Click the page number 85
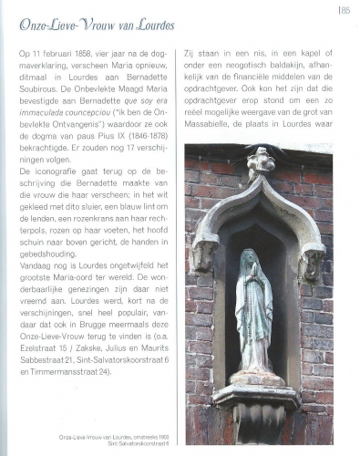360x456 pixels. point(345,10)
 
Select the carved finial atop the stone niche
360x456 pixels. point(260,161)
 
